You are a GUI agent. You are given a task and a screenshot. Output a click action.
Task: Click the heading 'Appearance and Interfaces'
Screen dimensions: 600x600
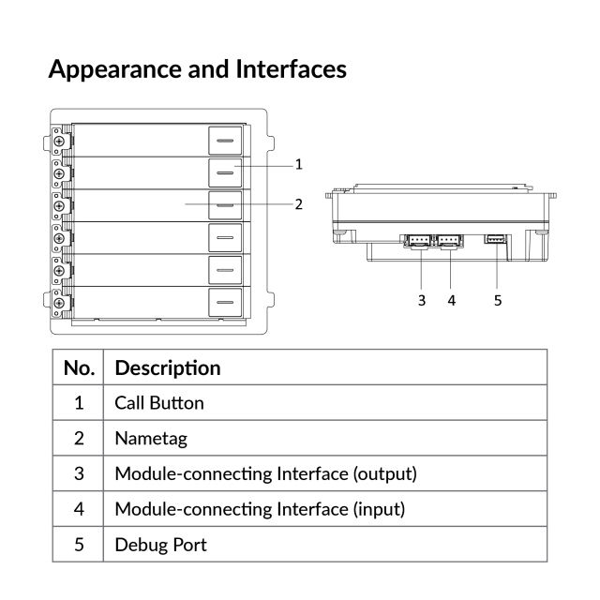[x=197, y=68]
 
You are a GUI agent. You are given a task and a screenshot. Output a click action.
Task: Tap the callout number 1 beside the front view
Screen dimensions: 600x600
[x=298, y=165]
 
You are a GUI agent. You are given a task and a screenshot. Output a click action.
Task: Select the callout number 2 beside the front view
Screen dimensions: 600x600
[x=298, y=203]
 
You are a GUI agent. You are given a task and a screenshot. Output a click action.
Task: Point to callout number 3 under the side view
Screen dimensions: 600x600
[x=422, y=300]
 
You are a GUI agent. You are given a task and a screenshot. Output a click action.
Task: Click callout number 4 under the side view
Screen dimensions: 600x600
[x=452, y=300]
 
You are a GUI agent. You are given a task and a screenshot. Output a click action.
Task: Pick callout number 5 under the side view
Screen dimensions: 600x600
[x=497, y=300]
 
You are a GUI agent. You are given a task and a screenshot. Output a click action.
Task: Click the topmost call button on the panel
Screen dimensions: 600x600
[x=224, y=141]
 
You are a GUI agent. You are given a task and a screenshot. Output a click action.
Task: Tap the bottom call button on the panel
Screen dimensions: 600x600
[x=224, y=302]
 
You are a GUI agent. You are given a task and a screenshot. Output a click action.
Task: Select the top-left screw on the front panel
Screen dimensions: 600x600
[x=59, y=141]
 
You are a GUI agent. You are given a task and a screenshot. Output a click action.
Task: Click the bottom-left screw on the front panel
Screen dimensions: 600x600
[x=59, y=302]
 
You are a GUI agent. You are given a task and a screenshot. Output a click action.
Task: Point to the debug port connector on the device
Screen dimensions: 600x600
[x=495, y=239]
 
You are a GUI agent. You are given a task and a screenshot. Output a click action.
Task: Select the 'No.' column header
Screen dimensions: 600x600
[x=79, y=367]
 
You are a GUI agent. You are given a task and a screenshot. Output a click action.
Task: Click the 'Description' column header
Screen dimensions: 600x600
[x=168, y=367]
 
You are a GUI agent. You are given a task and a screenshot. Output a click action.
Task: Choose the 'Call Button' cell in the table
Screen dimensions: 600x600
[x=159, y=403]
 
